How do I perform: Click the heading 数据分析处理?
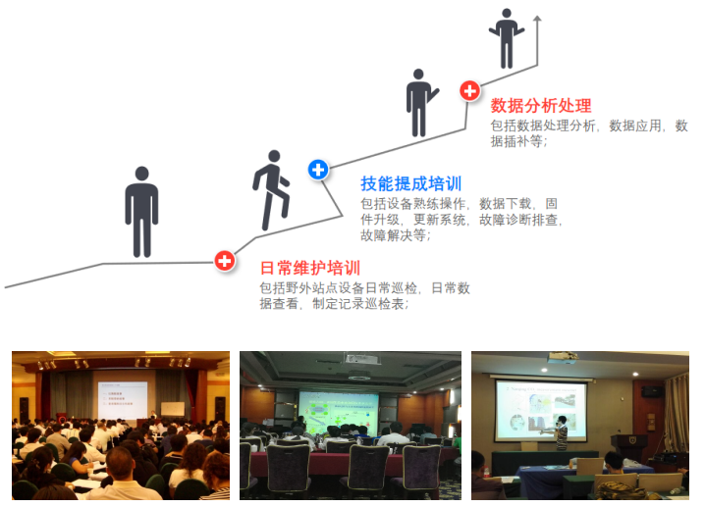click(541, 106)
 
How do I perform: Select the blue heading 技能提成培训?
click(411, 183)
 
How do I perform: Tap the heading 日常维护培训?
click(310, 268)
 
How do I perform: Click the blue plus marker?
click(318, 170)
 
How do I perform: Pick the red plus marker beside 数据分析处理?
click(470, 91)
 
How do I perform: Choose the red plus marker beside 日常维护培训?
click(224, 261)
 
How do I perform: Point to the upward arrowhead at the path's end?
click(537, 19)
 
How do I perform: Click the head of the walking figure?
click(274, 156)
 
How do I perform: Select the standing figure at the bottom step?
click(141, 212)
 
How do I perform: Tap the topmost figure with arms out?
click(507, 38)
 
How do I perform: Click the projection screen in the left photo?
click(123, 399)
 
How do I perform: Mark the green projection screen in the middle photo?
click(339, 411)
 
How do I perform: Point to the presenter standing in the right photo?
click(561, 432)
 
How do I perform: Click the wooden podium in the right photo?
click(629, 449)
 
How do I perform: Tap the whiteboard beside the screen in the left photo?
click(173, 409)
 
